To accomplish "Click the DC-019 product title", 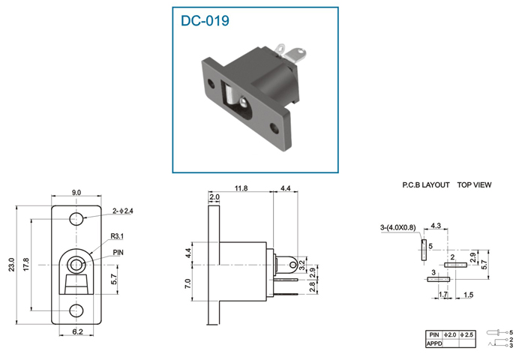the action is [205, 20].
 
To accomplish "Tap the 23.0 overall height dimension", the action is [12, 265].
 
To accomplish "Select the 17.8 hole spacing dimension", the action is [26, 265].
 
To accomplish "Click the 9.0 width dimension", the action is [76, 193].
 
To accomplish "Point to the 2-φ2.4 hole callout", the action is [123, 211].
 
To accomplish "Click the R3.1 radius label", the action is [117, 236].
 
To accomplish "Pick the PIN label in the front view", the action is [118, 253].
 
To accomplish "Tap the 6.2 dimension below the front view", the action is [77, 331].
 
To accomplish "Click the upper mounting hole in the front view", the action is [76, 219].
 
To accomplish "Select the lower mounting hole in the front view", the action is [76, 310].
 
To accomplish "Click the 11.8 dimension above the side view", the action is [241, 188].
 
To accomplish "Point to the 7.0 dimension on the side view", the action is [187, 283].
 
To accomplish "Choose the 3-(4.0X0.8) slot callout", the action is [398, 228].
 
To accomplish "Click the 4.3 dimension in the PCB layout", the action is [436, 226].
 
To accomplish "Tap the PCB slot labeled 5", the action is [424, 250].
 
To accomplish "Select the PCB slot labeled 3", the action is [439, 279].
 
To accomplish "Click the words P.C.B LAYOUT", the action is [426, 184].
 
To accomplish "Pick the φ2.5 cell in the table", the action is [467, 335].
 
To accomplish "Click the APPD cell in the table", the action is [434, 343].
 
